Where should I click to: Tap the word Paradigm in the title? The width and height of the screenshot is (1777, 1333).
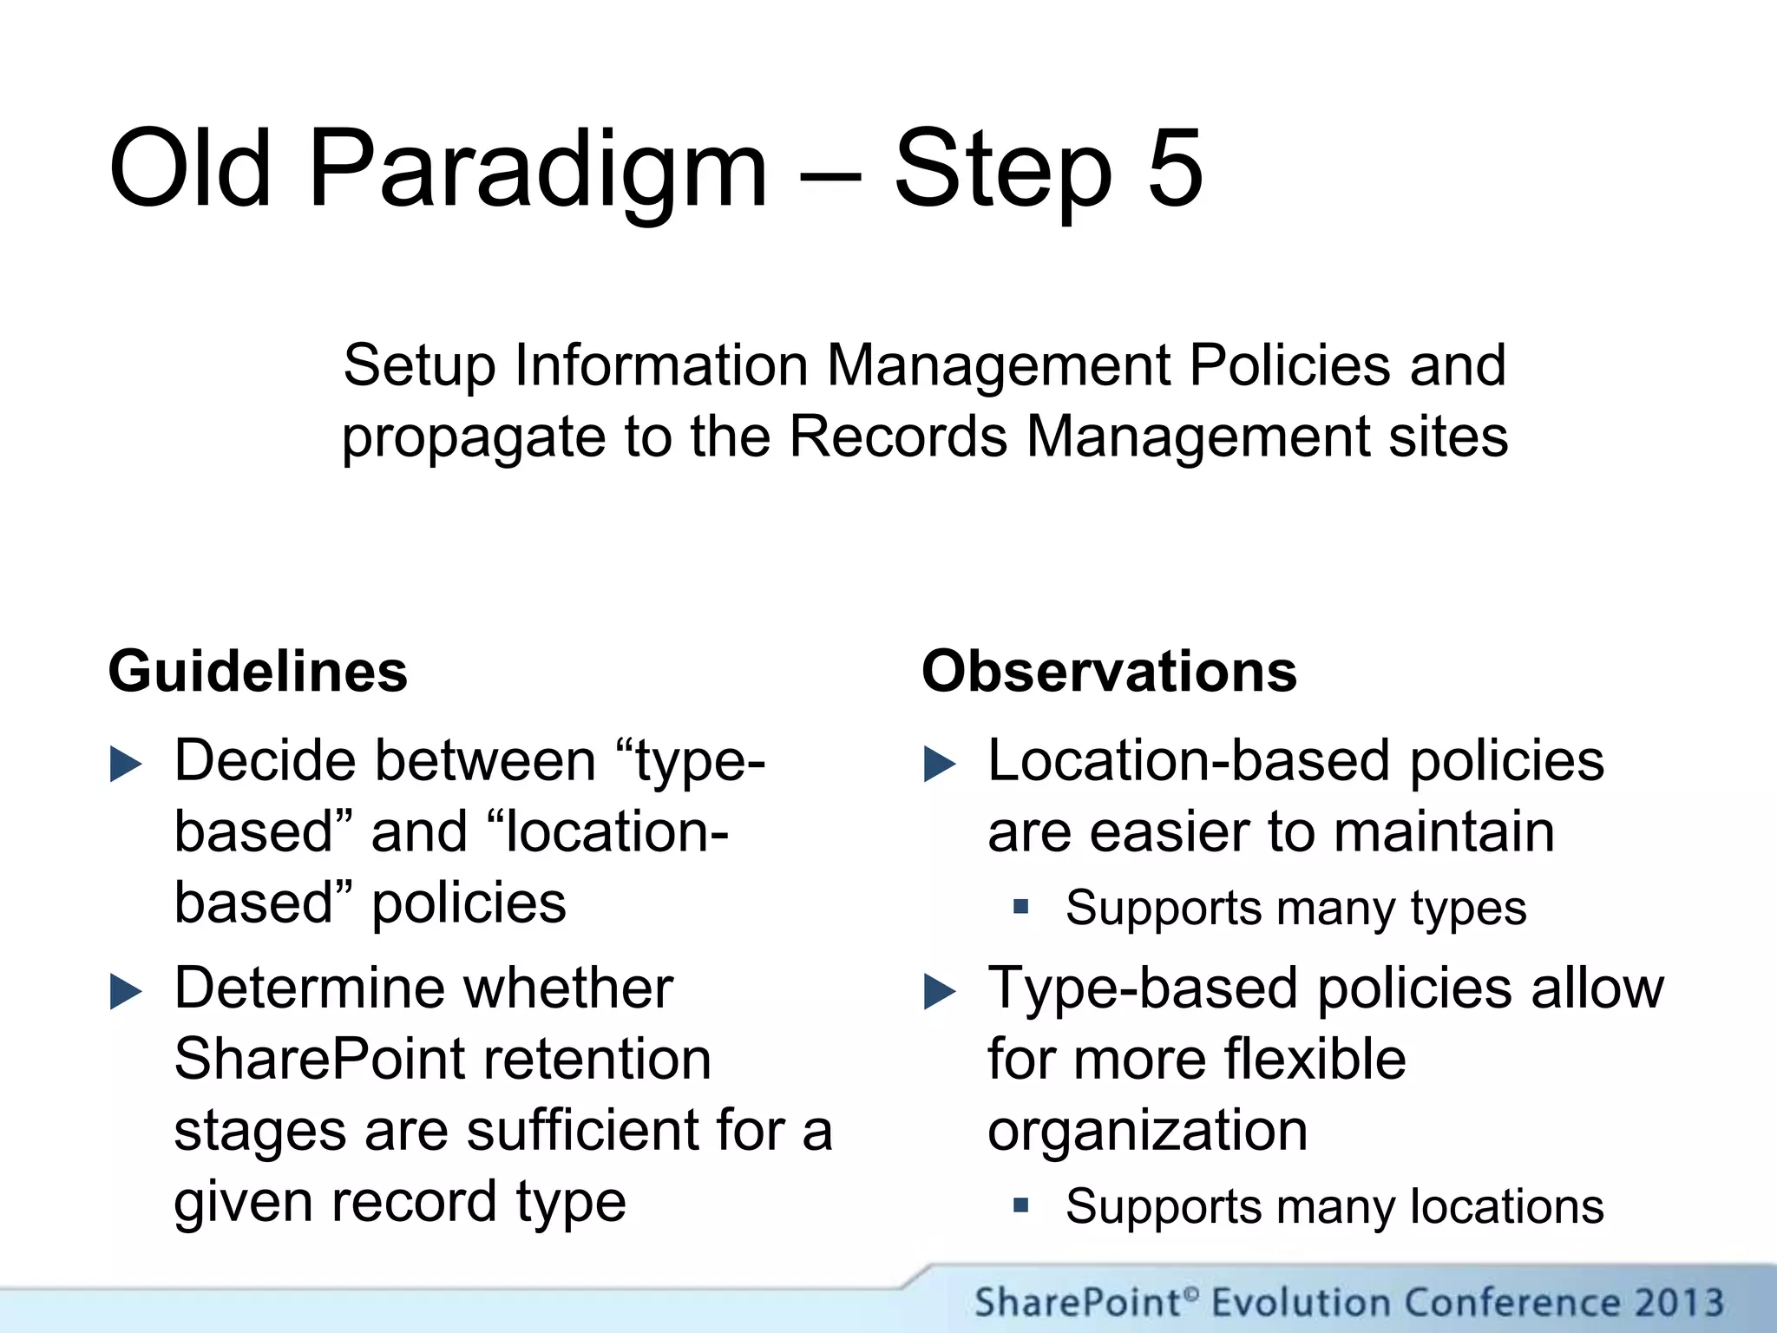(x=538, y=169)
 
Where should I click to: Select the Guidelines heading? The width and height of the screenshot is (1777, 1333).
(x=258, y=672)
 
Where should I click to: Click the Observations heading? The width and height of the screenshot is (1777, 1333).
(x=1109, y=672)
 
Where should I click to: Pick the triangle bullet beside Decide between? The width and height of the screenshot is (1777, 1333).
(x=126, y=765)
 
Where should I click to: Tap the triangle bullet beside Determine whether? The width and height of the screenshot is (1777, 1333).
(x=126, y=993)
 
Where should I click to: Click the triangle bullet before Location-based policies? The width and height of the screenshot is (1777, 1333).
(x=940, y=765)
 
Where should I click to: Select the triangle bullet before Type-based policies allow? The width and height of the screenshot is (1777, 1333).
(x=940, y=993)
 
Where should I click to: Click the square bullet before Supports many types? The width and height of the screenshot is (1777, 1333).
(x=1020, y=908)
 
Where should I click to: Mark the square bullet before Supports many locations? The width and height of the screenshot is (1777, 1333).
(x=1020, y=1205)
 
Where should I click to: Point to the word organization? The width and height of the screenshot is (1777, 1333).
(x=1147, y=1131)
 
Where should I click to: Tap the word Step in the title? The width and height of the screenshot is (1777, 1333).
(x=1002, y=169)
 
